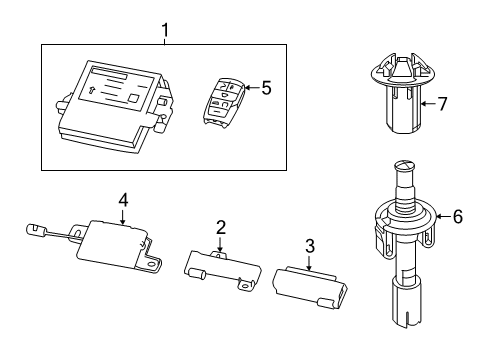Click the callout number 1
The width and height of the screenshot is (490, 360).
[x=166, y=31]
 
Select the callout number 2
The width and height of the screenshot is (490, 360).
[x=219, y=228]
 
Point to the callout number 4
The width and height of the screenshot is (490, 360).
[x=122, y=201]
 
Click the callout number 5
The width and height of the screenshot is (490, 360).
[x=266, y=88]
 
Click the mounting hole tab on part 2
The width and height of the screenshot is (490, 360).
[x=241, y=286]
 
